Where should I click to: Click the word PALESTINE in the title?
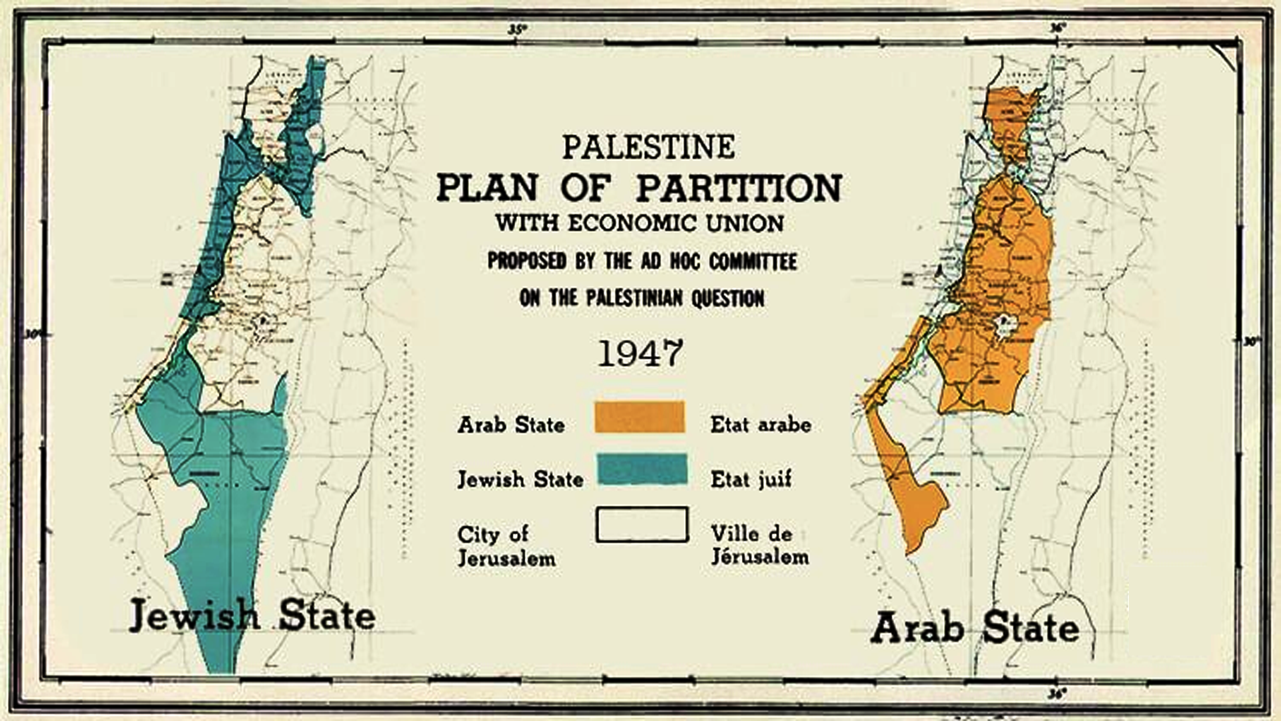click(648, 148)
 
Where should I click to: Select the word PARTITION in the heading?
click(739, 188)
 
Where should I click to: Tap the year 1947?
click(640, 353)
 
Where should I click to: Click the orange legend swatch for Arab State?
click(639, 417)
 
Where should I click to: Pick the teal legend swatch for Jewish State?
click(641, 469)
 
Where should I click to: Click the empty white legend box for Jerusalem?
click(641, 525)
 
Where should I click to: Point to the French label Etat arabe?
click(761, 425)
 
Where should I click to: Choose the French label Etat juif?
click(751, 479)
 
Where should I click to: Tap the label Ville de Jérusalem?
click(759, 545)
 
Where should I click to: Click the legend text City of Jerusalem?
click(505, 545)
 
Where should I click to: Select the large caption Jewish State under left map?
click(252, 615)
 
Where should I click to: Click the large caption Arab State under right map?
click(974, 628)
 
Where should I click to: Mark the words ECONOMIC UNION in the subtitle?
click(675, 223)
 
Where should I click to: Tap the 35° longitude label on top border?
click(516, 29)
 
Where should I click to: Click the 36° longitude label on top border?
click(1057, 28)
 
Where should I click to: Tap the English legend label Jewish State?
click(520, 479)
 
